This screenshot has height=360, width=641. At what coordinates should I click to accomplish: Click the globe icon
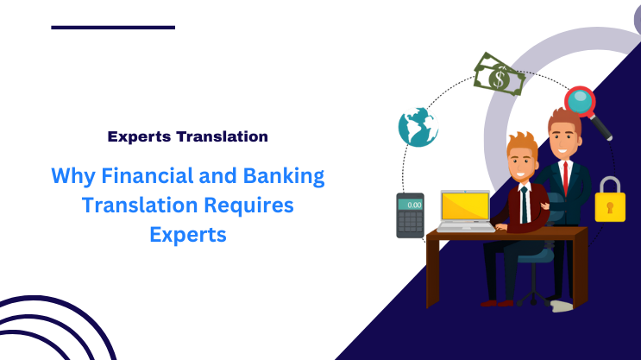[x=417, y=127]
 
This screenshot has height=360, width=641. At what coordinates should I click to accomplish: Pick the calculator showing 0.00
[x=410, y=215]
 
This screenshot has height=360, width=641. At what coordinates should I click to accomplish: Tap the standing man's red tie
[x=565, y=178]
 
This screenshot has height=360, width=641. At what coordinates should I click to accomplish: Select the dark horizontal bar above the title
[x=113, y=27]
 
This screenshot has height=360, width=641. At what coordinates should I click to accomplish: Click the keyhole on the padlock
[x=610, y=207]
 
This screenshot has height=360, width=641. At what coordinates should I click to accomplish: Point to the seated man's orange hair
[x=520, y=142]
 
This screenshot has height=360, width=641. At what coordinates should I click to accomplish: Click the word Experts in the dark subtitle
[x=139, y=136]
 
